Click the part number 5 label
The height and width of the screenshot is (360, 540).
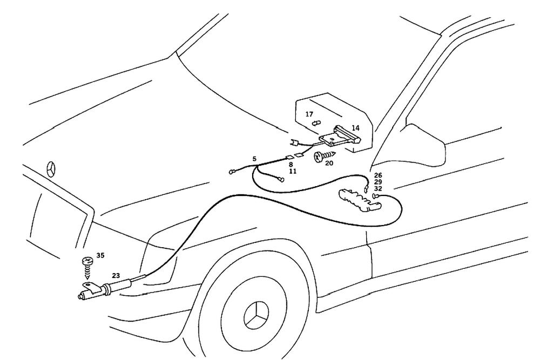click(254, 158)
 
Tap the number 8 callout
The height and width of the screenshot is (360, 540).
click(290, 164)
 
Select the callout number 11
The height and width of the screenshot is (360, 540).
click(292, 171)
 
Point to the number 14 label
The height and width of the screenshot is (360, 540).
click(355, 128)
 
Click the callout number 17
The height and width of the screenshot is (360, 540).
click(309, 114)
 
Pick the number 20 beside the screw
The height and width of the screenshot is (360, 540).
click(329, 163)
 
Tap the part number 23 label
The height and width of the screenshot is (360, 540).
click(116, 275)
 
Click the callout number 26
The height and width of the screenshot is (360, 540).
click(378, 175)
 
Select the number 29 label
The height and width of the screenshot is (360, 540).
click(378, 182)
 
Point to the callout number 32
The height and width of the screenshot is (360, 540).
click(378, 189)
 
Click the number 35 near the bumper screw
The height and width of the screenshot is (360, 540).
click(100, 255)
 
